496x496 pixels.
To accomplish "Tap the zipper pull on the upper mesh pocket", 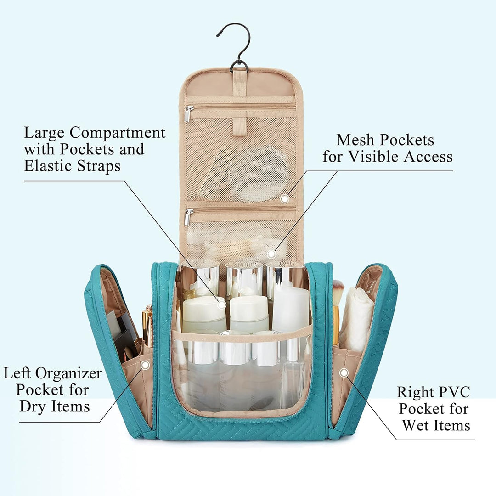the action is pyautogui.click(x=189, y=114).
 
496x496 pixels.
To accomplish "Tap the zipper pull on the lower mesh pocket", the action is pyautogui.click(x=189, y=217).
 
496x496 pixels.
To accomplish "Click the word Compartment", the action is pyautogui.click(x=118, y=133).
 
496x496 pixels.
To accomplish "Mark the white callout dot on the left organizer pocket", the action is pyautogui.click(x=145, y=366).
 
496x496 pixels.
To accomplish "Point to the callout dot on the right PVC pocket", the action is pyautogui.click(x=344, y=372).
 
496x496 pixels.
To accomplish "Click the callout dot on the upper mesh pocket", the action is pyautogui.click(x=285, y=199).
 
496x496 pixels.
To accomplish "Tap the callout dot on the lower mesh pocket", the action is pyautogui.click(x=271, y=254).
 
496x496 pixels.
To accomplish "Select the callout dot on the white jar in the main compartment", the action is pyautogui.click(x=222, y=304).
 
